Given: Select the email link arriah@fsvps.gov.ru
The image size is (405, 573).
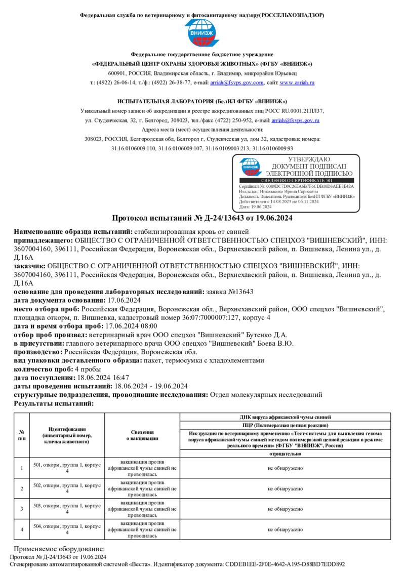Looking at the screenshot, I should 296,120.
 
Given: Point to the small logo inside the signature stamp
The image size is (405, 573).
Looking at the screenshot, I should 251,167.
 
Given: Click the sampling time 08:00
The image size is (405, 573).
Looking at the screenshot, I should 147,326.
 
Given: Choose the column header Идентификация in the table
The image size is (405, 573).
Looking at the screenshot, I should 67,429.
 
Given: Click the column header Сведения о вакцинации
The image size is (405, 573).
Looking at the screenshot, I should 142,435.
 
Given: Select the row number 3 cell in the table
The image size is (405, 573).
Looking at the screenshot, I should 22,508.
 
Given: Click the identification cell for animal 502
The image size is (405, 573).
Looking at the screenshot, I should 67,488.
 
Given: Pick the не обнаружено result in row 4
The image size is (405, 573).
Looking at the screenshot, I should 285,529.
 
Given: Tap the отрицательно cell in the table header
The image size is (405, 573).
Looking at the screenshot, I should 285,454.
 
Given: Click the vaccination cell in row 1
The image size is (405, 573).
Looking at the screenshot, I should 142,468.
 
